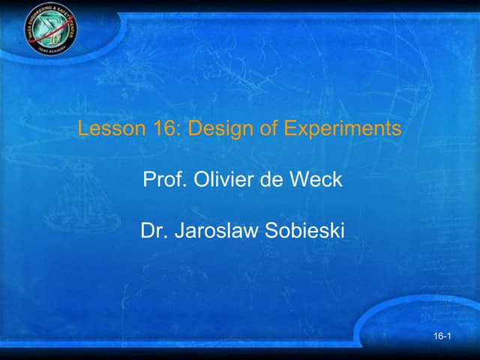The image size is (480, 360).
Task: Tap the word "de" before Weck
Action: pos(272,180)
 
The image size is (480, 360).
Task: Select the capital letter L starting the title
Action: pos(82,129)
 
